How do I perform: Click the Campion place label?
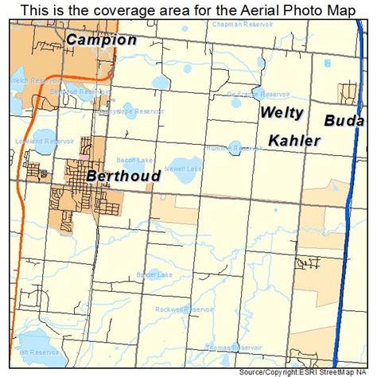click(x=101, y=40)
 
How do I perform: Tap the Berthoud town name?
click(x=123, y=175)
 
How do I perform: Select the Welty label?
click(x=282, y=113)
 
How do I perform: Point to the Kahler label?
click(x=294, y=141)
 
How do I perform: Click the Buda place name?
click(x=344, y=122)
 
